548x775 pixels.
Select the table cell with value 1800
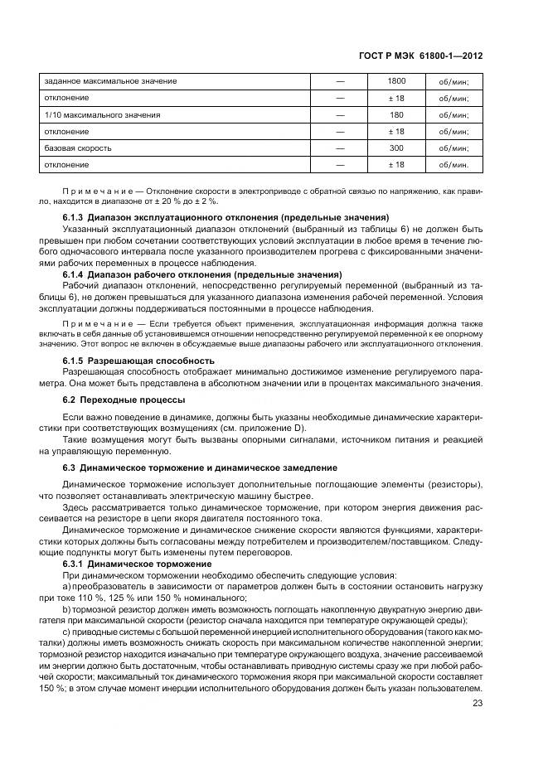pyautogui.click(x=396, y=81)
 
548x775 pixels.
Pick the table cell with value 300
pyautogui.click(x=396, y=148)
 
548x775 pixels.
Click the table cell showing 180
pyautogui.click(x=396, y=114)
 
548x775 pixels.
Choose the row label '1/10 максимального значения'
pyautogui.click(x=102, y=114)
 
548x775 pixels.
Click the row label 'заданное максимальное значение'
pyautogui.click(x=110, y=81)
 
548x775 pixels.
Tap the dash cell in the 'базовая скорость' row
pyautogui.click(x=340, y=148)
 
